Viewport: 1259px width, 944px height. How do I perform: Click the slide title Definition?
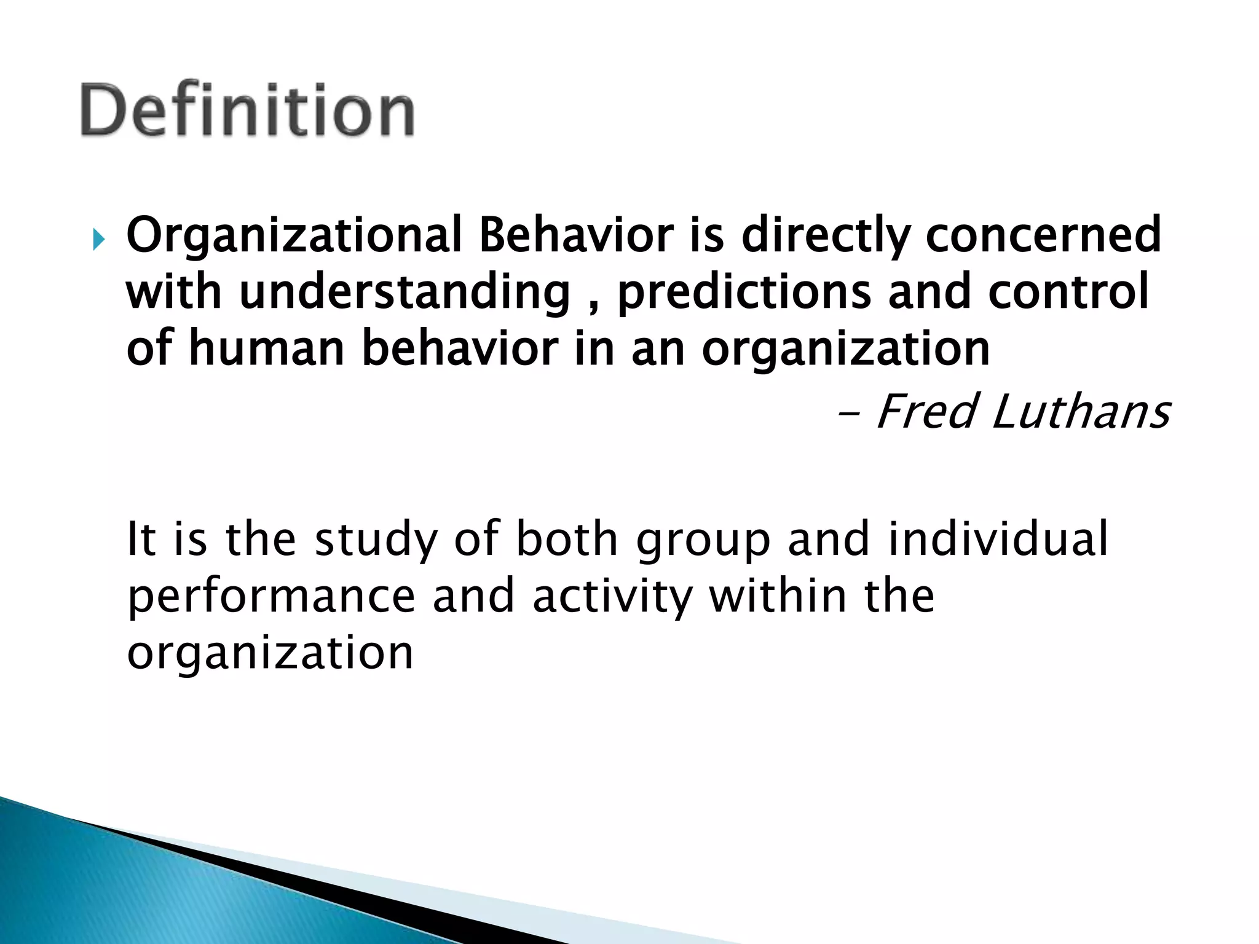[x=247, y=111]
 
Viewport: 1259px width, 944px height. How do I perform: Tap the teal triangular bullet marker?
[x=98, y=240]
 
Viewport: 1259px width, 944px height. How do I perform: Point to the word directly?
[x=826, y=236]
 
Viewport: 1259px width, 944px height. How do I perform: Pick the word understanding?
[x=405, y=293]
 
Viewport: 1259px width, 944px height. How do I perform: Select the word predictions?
[x=744, y=293]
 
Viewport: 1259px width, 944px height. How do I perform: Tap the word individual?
[x=998, y=538]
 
